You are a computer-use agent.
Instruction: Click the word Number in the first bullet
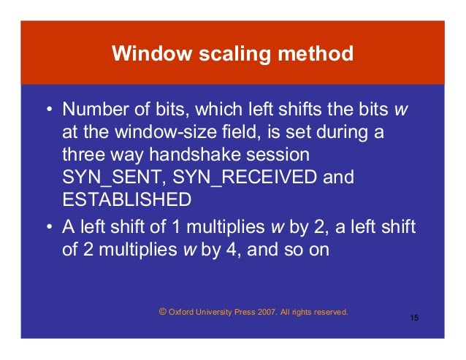[91, 110]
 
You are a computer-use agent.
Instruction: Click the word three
[83, 155]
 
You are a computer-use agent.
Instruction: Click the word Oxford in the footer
[181, 312]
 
